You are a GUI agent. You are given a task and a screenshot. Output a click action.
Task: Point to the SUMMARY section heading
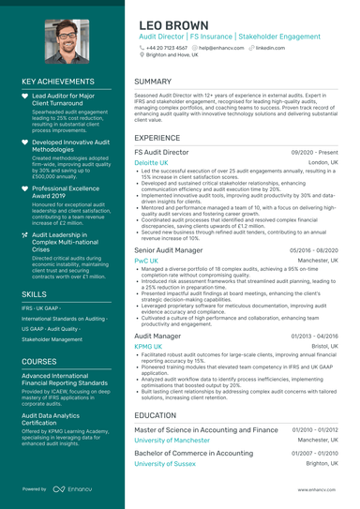[153, 82]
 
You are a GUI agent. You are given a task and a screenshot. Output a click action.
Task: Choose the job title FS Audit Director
[161, 151]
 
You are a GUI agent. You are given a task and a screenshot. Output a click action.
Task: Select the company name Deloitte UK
[151, 162]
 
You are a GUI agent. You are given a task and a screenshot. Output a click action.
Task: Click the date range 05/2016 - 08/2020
[314, 250]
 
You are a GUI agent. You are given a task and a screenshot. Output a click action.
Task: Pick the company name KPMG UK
[148, 346]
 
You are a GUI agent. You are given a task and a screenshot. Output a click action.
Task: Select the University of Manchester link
[172, 440]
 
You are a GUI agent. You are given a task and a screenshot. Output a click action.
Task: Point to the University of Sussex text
[164, 463]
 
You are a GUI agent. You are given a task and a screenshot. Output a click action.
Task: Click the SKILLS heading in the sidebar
[35, 293]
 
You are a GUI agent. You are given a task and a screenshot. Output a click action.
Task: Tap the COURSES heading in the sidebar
[38, 360]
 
